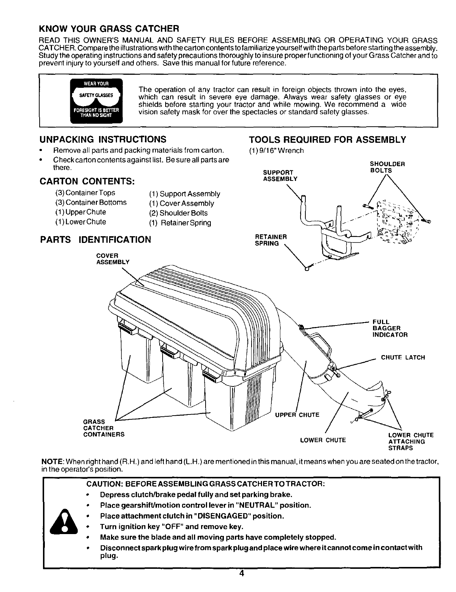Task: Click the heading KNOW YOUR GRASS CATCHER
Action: [x=110, y=28]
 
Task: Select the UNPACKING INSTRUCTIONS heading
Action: [x=103, y=140]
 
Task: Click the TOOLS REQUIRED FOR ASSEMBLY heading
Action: [x=327, y=140]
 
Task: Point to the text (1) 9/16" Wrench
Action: [x=276, y=151]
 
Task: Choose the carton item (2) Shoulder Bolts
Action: [x=178, y=213]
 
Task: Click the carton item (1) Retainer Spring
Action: [x=180, y=223]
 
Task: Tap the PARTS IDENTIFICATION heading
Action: [x=95, y=239]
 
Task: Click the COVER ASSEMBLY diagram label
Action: [x=113, y=259]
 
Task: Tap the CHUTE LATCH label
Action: [x=403, y=358]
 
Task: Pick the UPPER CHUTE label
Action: [x=297, y=415]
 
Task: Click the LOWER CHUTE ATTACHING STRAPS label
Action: [x=411, y=441]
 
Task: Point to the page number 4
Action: [x=241, y=585]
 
